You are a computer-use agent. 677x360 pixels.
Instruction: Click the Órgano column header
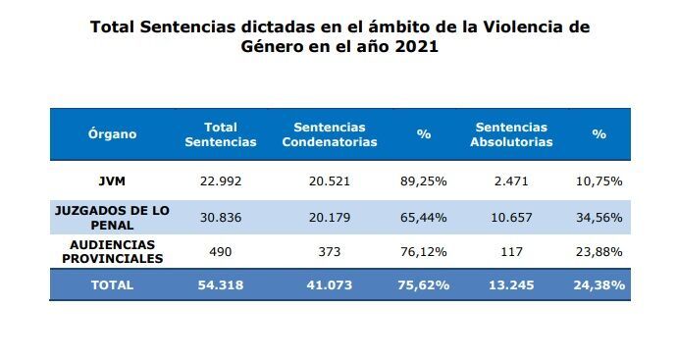(112, 133)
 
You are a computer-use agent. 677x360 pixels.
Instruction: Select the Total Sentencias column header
(221, 134)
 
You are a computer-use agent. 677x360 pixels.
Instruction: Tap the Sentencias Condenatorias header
(330, 134)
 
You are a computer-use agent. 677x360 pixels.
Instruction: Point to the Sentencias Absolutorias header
(511, 134)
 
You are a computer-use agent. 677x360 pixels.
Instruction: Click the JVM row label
(112, 180)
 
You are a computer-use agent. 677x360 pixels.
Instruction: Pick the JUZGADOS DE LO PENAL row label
(112, 218)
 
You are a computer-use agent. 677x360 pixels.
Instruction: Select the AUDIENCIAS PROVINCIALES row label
(112, 252)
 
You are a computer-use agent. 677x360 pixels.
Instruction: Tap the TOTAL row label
(112, 284)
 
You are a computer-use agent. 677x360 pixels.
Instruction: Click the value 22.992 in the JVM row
(221, 180)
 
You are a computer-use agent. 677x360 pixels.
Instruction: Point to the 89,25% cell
(424, 180)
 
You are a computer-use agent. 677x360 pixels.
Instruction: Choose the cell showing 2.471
(511, 180)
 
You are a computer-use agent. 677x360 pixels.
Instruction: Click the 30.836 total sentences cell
(221, 217)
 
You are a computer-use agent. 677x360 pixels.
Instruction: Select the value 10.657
(511, 217)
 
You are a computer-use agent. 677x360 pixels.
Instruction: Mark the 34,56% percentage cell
(599, 217)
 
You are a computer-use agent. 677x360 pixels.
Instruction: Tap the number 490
(221, 252)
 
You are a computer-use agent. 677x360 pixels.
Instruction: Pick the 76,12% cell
(424, 252)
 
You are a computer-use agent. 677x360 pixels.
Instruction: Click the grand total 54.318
(221, 284)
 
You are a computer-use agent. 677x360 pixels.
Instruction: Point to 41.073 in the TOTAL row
(330, 284)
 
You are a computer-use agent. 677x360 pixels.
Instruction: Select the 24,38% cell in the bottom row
(599, 284)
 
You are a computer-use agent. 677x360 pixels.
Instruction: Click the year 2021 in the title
(417, 46)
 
